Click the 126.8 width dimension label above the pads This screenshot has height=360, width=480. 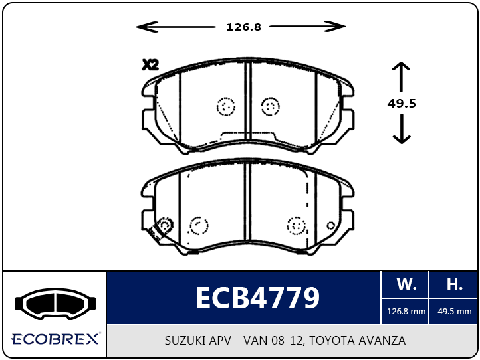(x=244, y=27)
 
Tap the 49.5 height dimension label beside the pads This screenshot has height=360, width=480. (x=402, y=104)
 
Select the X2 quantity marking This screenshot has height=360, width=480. (x=150, y=65)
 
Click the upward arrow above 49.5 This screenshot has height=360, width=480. (x=401, y=77)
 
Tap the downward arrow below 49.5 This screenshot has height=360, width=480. (x=402, y=129)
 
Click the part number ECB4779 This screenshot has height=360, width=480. (x=257, y=298)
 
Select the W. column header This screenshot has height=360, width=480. (x=406, y=284)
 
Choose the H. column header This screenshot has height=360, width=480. (x=454, y=284)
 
